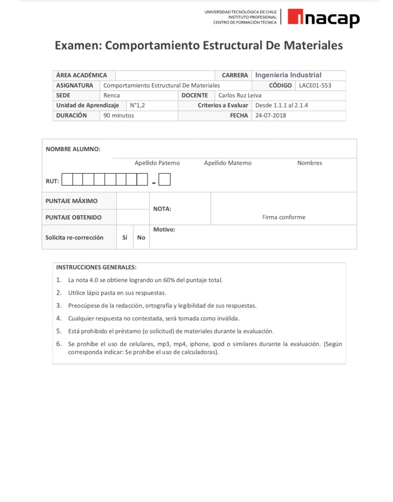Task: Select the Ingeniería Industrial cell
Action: [288, 75]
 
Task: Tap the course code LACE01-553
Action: [315, 85]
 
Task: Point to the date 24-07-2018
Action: [270, 116]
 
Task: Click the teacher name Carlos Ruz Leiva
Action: [240, 96]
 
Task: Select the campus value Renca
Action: [111, 96]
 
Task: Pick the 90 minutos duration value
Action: [118, 116]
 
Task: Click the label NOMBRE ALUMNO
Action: [73, 149]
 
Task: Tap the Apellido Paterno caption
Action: [157, 163]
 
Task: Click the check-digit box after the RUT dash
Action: [165, 180]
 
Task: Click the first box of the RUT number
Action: [67, 180]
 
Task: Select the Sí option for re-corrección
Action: [125, 238]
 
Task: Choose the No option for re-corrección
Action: [141, 238]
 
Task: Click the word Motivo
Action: [164, 229]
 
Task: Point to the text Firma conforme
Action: [284, 217]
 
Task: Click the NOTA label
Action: [162, 209]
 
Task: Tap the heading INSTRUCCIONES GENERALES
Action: [96, 268]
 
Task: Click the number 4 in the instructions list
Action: [59, 318]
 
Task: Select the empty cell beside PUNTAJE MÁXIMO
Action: [133, 201]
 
